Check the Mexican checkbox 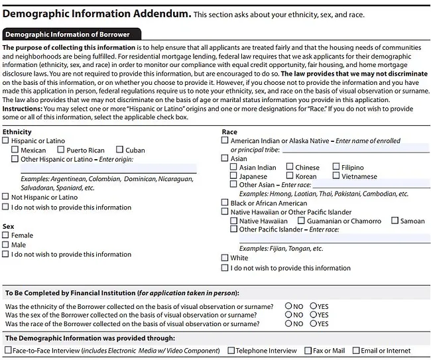click(15, 150)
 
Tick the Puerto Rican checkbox click(61, 150)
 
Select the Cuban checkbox click(120, 150)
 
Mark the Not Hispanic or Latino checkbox click(6, 197)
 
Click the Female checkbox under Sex click(6, 235)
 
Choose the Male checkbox click(6, 245)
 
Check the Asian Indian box click(233, 168)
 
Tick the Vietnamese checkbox click(336, 176)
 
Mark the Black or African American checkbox click(225, 203)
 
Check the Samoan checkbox click(395, 221)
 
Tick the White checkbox click(225, 258)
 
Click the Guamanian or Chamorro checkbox click(301, 221)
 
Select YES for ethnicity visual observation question click(313, 306)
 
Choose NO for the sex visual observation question click(288, 315)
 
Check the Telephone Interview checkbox click(231, 350)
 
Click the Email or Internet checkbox click(356, 350)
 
